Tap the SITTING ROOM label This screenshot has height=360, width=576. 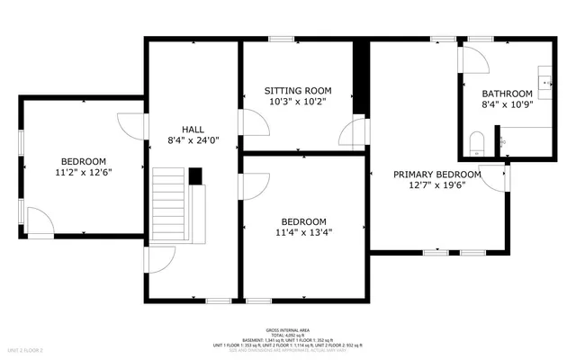(x=298, y=91)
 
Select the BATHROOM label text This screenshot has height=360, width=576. (x=508, y=93)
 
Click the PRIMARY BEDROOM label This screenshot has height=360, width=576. (x=436, y=175)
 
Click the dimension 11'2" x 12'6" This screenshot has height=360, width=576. (x=83, y=171)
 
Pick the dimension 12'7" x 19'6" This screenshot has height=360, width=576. (x=436, y=186)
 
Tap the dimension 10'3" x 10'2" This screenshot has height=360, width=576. (x=298, y=103)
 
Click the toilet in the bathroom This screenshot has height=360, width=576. (x=478, y=142)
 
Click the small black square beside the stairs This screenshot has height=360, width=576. (x=195, y=175)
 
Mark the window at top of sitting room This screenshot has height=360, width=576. (x=283, y=39)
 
